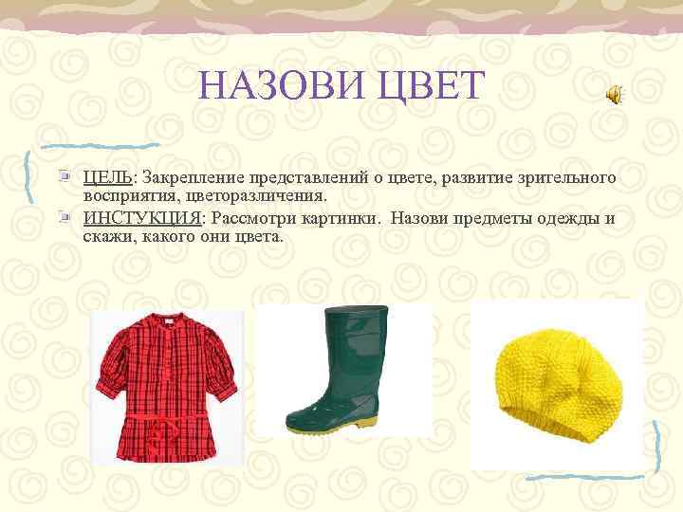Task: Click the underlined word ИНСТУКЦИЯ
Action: [141, 218]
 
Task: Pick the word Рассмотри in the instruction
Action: [250, 218]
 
